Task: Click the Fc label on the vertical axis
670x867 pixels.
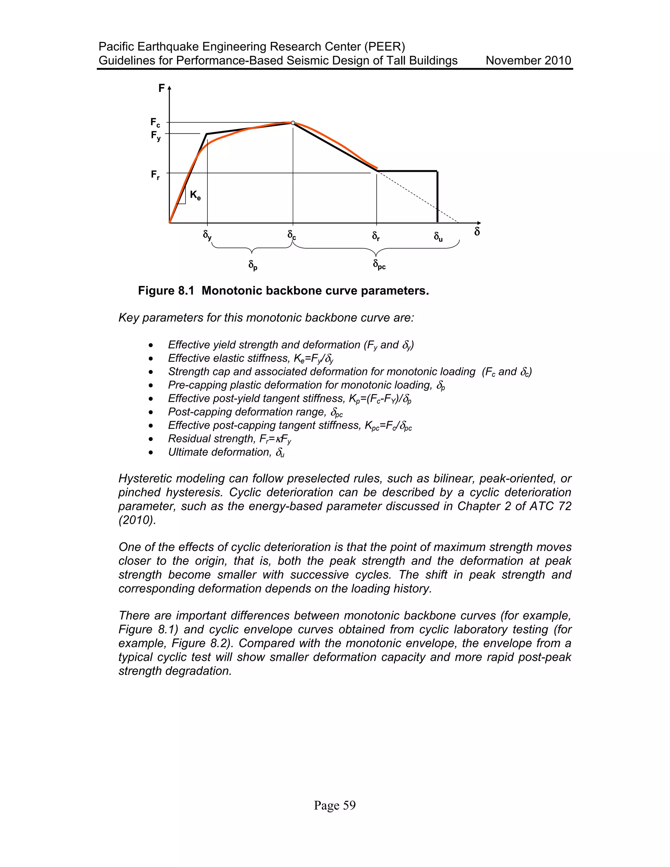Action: [155, 123]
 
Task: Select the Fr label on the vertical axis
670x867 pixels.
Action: [155, 175]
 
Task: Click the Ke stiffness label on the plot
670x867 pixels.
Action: [195, 195]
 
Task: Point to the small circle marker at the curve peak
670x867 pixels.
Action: [293, 123]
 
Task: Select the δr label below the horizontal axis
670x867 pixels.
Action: [376, 237]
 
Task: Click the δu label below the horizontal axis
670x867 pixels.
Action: [438, 237]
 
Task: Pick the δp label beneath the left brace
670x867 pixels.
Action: [253, 265]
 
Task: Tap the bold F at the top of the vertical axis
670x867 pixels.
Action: [162, 88]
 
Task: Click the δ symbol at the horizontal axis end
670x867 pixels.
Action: [477, 231]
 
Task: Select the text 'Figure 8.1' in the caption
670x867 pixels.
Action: [166, 291]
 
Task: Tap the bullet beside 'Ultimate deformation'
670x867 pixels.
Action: [151, 452]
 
